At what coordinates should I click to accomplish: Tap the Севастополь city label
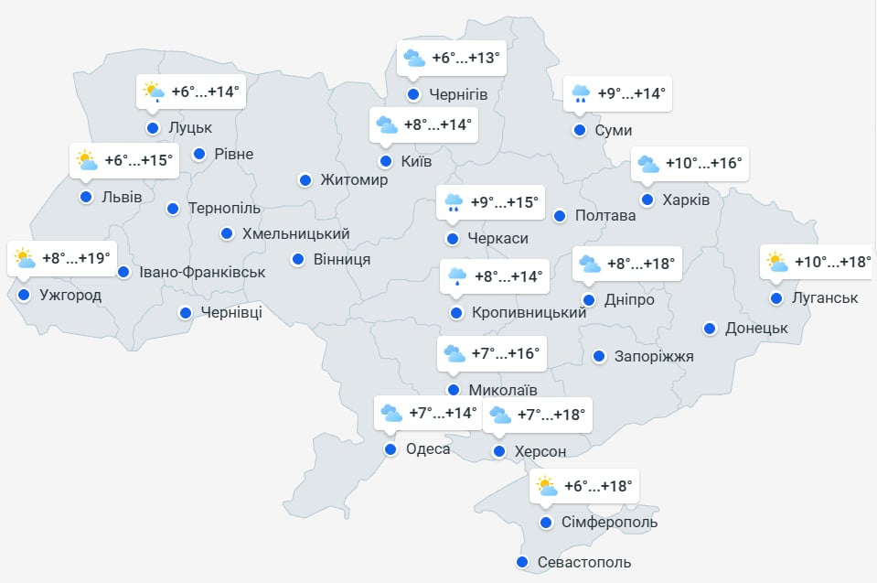click(584, 562)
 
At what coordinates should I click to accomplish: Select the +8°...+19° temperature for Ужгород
click(78, 258)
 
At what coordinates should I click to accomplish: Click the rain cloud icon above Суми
click(580, 93)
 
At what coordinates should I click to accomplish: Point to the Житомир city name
click(354, 180)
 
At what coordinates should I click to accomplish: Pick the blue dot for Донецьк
click(710, 328)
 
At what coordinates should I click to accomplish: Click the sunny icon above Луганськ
click(777, 263)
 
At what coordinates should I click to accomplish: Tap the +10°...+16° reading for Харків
click(703, 164)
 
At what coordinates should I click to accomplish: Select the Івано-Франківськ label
click(202, 272)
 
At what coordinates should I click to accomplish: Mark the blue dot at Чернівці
click(186, 313)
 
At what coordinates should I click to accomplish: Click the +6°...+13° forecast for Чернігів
click(466, 59)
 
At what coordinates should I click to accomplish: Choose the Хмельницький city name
click(295, 233)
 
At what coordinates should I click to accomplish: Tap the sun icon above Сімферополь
click(546, 486)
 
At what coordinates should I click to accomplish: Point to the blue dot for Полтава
click(560, 216)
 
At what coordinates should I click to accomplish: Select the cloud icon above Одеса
click(390, 414)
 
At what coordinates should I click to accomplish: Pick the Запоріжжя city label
click(654, 356)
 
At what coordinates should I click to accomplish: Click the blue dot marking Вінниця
click(298, 260)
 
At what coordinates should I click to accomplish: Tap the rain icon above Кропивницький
click(455, 276)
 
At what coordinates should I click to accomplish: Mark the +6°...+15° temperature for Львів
click(138, 161)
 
